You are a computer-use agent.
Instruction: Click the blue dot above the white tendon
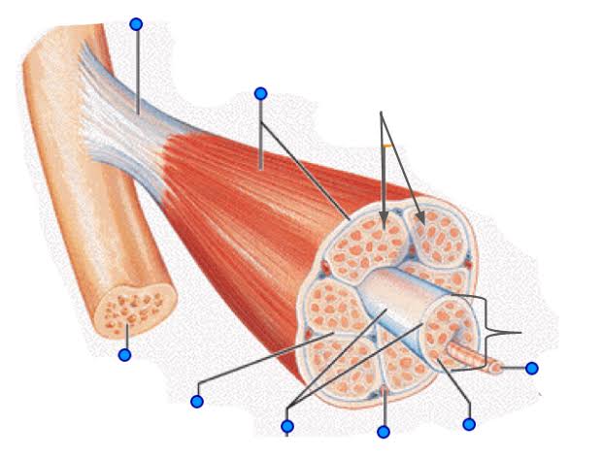(x=136, y=23)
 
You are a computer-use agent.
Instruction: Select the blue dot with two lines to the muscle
(x=260, y=93)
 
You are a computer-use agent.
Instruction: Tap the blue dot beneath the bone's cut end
(x=124, y=355)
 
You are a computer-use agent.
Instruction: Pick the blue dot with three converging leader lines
(x=286, y=426)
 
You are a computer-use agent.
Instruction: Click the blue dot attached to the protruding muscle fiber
(x=531, y=368)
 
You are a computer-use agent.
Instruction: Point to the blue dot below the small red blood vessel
(x=384, y=431)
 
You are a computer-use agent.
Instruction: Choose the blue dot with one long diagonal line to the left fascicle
(x=197, y=401)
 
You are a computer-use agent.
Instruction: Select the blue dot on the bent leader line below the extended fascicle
(x=469, y=424)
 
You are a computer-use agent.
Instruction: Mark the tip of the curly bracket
(x=520, y=333)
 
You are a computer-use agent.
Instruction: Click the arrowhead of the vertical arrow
(x=384, y=224)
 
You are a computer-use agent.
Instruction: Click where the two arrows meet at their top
(x=383, y=113)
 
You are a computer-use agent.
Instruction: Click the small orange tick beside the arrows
(x=387, y=147)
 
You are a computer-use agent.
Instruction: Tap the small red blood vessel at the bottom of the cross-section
(x=385, y=393)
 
